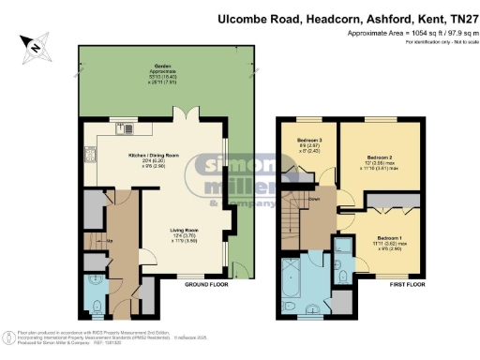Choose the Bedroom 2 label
point(379,157)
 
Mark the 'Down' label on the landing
point(318,200)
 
